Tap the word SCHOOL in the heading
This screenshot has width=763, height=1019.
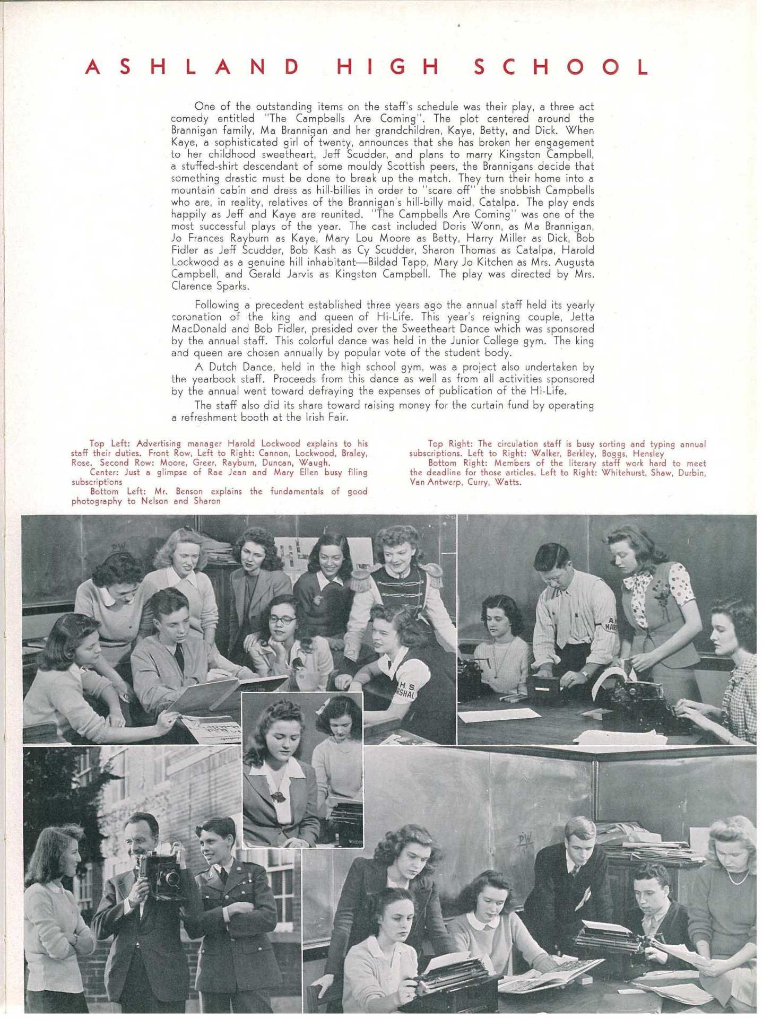[560, 67]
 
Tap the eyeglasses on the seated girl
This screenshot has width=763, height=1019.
[283, 620]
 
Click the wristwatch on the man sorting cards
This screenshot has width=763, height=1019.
[584, 675]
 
